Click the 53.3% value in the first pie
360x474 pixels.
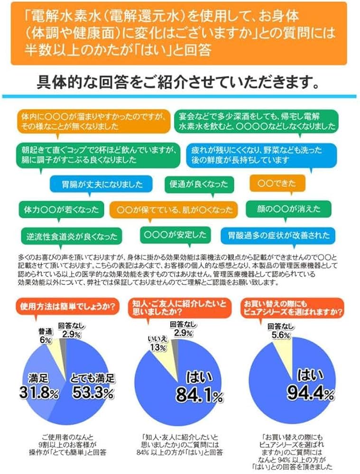92,393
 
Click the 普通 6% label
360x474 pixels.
45,336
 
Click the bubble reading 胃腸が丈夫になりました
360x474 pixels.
96,183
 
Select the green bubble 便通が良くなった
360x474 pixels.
199,183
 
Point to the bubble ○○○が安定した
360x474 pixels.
175,234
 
